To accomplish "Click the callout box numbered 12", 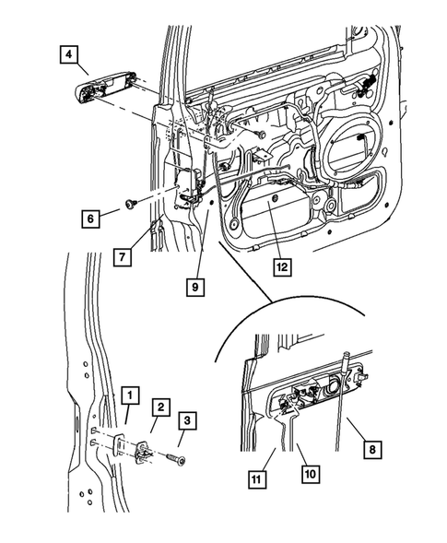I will click(281, 268).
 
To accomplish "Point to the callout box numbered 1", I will click(130, 396).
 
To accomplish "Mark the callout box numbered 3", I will click(187, 422).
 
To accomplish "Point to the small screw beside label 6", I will click(132, 201).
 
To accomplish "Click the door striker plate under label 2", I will click(145, 450).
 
